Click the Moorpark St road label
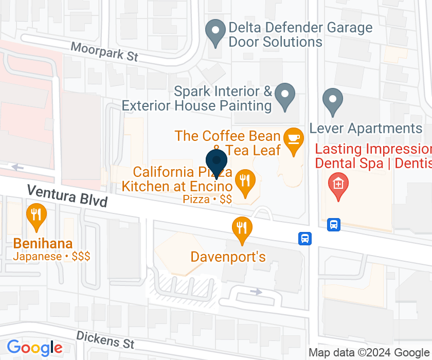click(104, 52)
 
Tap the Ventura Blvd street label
click(67, 195)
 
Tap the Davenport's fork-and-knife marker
click(241, 229)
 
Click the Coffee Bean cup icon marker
click(294, 140)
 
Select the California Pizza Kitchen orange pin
click(245, 182)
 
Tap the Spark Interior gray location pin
click(284, 96)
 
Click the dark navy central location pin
click(217, 163)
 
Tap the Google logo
click(34, 348)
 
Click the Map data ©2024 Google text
click(368, 353)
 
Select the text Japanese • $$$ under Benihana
click(52, 256)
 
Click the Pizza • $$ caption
click(207, 199)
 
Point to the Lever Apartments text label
click(366, 128)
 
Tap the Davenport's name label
click(228, 256)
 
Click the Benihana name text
click(43, 244)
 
